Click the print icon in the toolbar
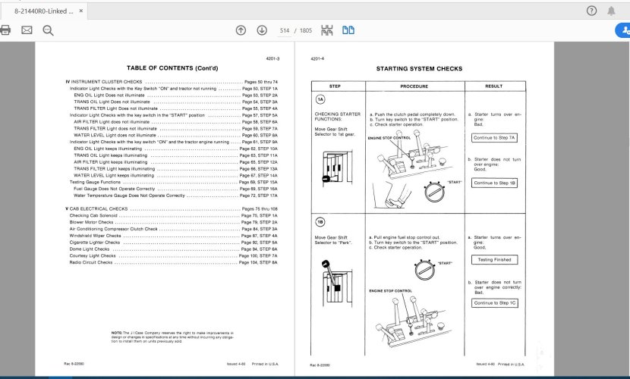pos(6,30)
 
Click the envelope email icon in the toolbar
pos(27,30)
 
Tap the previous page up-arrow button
pos(241,30)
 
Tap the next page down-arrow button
pos(262,30)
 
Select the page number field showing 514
pos(285,30)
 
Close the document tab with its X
pos(91,11)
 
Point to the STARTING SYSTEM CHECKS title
pos(419,68)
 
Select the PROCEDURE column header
pos(414,86)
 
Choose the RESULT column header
pos(493,86)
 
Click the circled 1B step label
pos(320,222)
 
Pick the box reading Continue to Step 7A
pos(493,138)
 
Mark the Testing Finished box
pos(493,259)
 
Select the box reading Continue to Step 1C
pos(493,302)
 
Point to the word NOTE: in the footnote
pos(116,332)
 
